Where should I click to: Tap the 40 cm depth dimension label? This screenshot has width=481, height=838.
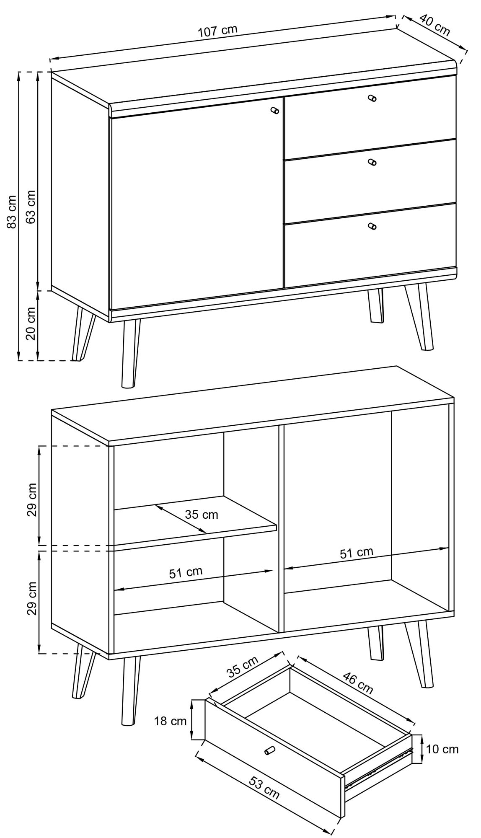click(x=434, y=25)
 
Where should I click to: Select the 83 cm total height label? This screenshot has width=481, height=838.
click(x=12, y=212)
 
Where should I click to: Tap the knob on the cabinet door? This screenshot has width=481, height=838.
click(x=275, y=110)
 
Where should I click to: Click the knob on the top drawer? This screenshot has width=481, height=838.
click(x=372, y=98)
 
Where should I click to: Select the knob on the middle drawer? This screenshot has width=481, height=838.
click(x=372, y=162)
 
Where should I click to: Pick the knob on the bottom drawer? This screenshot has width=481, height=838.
click(x=372, y=226)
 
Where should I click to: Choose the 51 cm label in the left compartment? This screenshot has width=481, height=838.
click(x=186, y=572)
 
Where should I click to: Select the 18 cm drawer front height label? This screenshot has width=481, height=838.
click(x=170, y=721)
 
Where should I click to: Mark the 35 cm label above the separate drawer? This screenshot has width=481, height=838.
click(x=243, y=668)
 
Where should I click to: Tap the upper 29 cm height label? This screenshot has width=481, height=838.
click(x=32, y=500)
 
